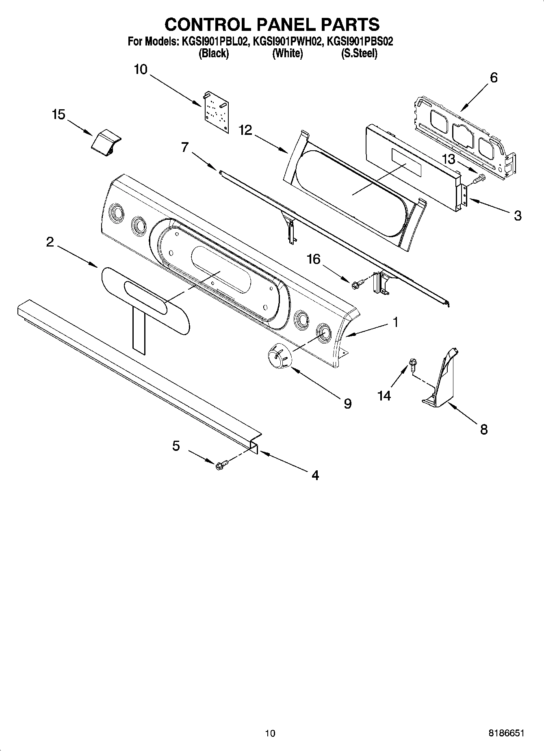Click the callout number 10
[x=141, y=69]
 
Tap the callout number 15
[x=59, y=115]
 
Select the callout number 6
[x=494, y=77]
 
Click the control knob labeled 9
[x=279, y=356]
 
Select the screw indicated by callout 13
[x=481, y=177]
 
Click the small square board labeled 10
[x=216, y=112]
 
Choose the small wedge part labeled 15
[x=105, y=143]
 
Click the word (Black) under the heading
[x=213, y=53]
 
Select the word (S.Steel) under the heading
[x=359, y=53]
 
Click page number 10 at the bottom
[x=270, y=733]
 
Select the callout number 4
[x=315, y=475]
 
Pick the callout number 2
[x=50, y=242]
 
